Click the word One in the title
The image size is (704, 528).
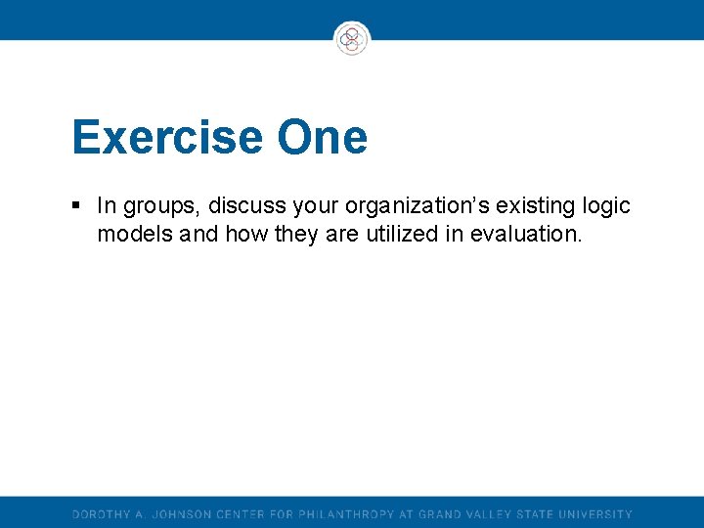pyautogui.click(x=322, y=138)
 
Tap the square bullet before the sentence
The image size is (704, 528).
pyautogui.click(x=76, y=206)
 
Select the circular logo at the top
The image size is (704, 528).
pyautogui.click(x=351, y=39)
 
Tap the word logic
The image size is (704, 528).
pyautogui.click(x=606, y=207)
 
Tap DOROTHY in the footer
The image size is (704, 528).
pyautogui.click(x=103, y=514)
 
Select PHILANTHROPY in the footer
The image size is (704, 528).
pyautogui.click(x=346, y=514)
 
